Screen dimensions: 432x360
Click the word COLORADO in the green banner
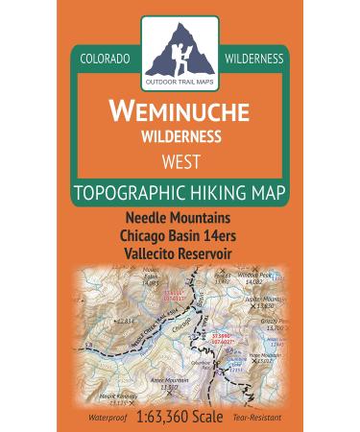[x=106, y=59]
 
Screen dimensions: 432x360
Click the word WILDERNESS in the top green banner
[x=253, y=59]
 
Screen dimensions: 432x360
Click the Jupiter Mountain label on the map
[x=261, y=299]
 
